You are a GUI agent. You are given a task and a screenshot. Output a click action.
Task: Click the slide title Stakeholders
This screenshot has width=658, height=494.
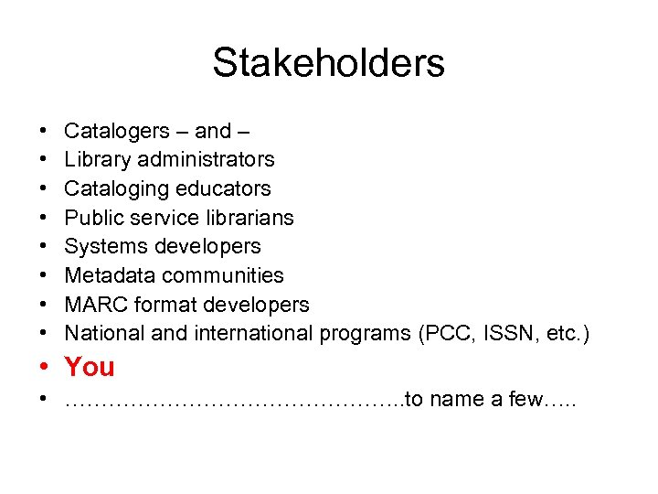[x=328, y=63]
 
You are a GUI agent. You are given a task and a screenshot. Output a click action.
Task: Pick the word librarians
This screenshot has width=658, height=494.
[x=249, y=218]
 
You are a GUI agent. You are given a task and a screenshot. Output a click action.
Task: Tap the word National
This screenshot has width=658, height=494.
[x=105, y=334]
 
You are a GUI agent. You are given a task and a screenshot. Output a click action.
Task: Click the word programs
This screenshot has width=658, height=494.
[x=365, y=334]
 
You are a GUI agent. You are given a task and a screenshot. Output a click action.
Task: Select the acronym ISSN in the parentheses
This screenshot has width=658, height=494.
[x=496, y=334]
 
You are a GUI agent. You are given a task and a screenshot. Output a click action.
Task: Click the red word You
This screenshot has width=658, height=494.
[x=90, y=367]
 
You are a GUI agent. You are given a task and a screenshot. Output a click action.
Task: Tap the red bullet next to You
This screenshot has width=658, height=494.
[x=44, y=368]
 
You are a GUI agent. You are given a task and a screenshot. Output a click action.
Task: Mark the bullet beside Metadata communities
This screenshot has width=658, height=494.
[x=44, y=276]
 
